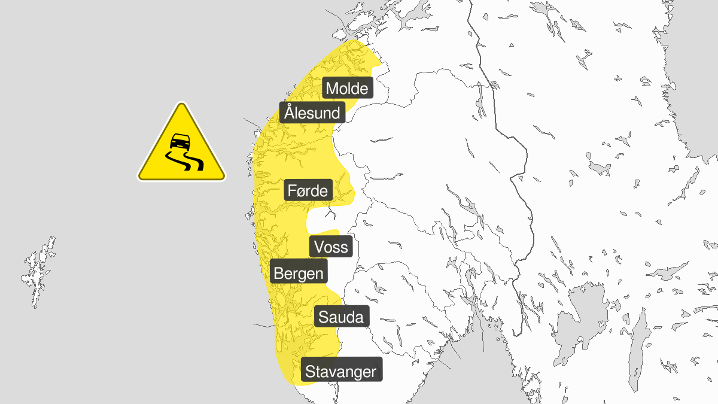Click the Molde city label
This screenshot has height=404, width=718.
348,89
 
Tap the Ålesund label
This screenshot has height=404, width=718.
312,112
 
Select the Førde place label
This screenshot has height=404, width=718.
308,191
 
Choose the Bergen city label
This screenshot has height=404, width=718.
299,274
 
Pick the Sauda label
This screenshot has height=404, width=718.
341,317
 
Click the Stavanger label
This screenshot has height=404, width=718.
341,372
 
